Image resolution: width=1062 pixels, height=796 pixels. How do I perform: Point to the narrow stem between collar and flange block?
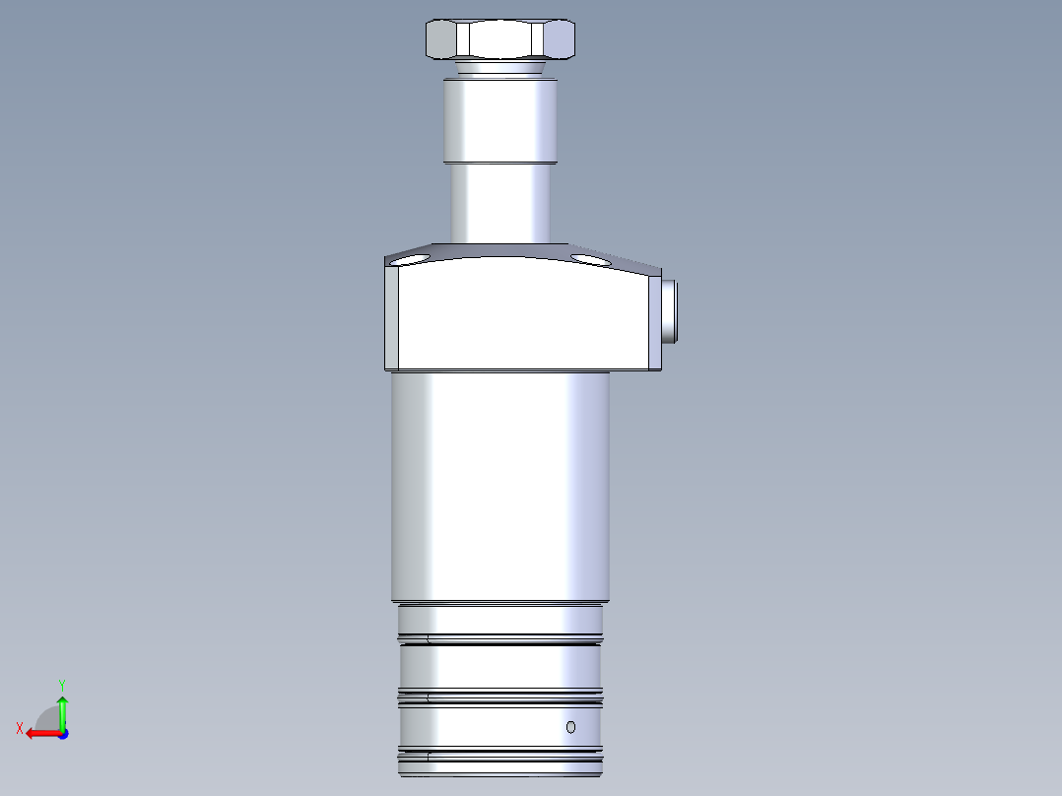click(499, 202)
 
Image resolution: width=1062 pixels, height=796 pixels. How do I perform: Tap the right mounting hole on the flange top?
click(588, 259)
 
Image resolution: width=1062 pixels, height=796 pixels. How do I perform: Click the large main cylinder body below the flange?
click(499, 488)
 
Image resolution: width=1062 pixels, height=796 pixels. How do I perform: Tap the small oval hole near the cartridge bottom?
click(570, 727)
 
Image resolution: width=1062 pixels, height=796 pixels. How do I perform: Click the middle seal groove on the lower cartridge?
click(499, 697)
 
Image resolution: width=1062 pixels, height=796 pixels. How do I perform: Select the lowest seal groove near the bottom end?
click(499, 757)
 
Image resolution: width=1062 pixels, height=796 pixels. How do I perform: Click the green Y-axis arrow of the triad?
click(62, 709)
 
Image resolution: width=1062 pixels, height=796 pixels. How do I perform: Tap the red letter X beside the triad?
click(20, 728)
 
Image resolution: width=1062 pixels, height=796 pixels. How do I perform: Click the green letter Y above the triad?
click(61, 684)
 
